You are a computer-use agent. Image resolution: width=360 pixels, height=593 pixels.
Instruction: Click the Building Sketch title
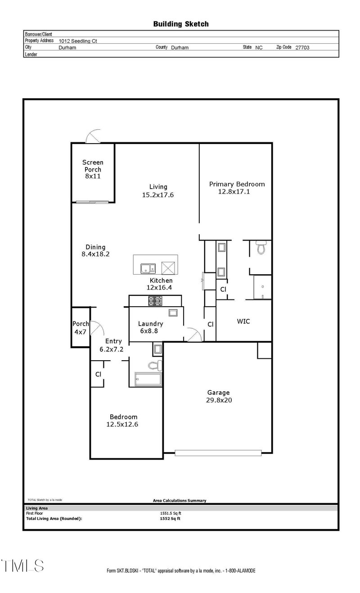click(x=181, y=24)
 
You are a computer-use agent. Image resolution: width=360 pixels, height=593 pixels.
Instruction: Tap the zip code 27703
click(x=302, y=47)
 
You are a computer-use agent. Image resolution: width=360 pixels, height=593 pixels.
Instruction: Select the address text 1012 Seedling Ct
click(x=78, y=41)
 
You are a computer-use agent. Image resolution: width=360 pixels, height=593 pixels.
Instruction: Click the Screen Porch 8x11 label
click(x=93, y=169)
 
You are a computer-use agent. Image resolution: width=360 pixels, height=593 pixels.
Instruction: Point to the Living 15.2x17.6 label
click(x=158, y=191)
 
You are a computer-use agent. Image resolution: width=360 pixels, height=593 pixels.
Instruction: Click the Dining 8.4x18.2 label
click(x=95, y=250)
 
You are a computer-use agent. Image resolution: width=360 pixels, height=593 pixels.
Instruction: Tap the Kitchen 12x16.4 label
click(x=159, y=284)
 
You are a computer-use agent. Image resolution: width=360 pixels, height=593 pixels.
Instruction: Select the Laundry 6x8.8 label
click(x=150, y=327)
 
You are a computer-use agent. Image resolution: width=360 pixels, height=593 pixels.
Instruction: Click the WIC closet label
click(x=243, y=321)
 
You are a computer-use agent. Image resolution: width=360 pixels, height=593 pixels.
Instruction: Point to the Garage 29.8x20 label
click(x=218, y=396)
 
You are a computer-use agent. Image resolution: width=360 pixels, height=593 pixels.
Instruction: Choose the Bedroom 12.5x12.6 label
click(x=122, y=420)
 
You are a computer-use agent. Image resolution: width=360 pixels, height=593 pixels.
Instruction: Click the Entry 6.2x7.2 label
click(x=112, y=345)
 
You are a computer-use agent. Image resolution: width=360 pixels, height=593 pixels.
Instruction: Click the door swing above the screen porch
click(x=95, y=136)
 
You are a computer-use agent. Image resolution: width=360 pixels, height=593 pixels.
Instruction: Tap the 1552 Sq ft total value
click(x=170, y=519)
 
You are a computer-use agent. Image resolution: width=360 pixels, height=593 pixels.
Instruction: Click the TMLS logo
click(x=22, y=566)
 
